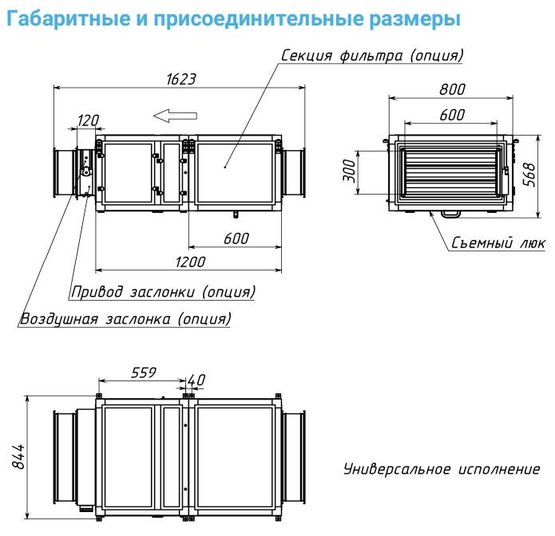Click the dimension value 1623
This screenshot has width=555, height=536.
click(x=181, y=78)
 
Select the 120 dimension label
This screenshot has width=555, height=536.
click(x=87, y=120)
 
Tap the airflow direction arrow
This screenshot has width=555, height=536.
click(x=169, y=115)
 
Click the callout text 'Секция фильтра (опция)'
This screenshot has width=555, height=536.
click(x=372, y=55)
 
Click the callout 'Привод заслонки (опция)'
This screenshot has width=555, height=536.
click(x=163, y=292)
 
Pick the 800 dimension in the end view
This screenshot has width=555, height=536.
click(x=453, y=90)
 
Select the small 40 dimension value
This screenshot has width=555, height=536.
click(x=197, y=379)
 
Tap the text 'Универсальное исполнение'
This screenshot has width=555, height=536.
click(x=441, y=469)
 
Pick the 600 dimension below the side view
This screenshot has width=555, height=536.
click(x=236, y=238)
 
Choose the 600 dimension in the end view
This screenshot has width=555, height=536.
click(x=452, y=115)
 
